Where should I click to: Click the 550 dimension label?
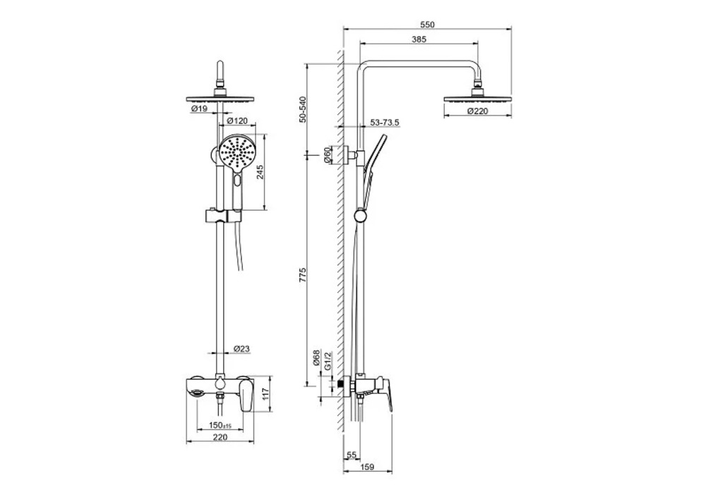click(x=427, y=25)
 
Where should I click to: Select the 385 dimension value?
click(x=419, y=39)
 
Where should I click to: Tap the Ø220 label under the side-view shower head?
click(x=477, y=111)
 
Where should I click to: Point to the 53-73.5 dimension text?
click(x=385, y=123)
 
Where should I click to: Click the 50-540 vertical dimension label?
click(x=303, y=109)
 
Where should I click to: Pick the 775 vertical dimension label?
click(x=303, y=275)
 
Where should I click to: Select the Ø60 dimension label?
click(x=328, y=154)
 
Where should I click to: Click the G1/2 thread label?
click(x=328, y=360)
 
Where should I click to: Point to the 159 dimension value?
click(x=367, y=467)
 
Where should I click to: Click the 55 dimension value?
click(x=352, y=455)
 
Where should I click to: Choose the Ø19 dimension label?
click(x=198, y=109)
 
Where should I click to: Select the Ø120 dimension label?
click(x=237, y=121)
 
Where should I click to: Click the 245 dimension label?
click(x=260, y=171)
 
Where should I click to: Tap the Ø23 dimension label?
click(x=241, y=348)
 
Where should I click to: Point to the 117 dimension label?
click(x=265, y=395)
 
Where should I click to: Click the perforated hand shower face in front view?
click(x=236, y=154)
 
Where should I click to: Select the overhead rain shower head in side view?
click(x=478, y=98)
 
